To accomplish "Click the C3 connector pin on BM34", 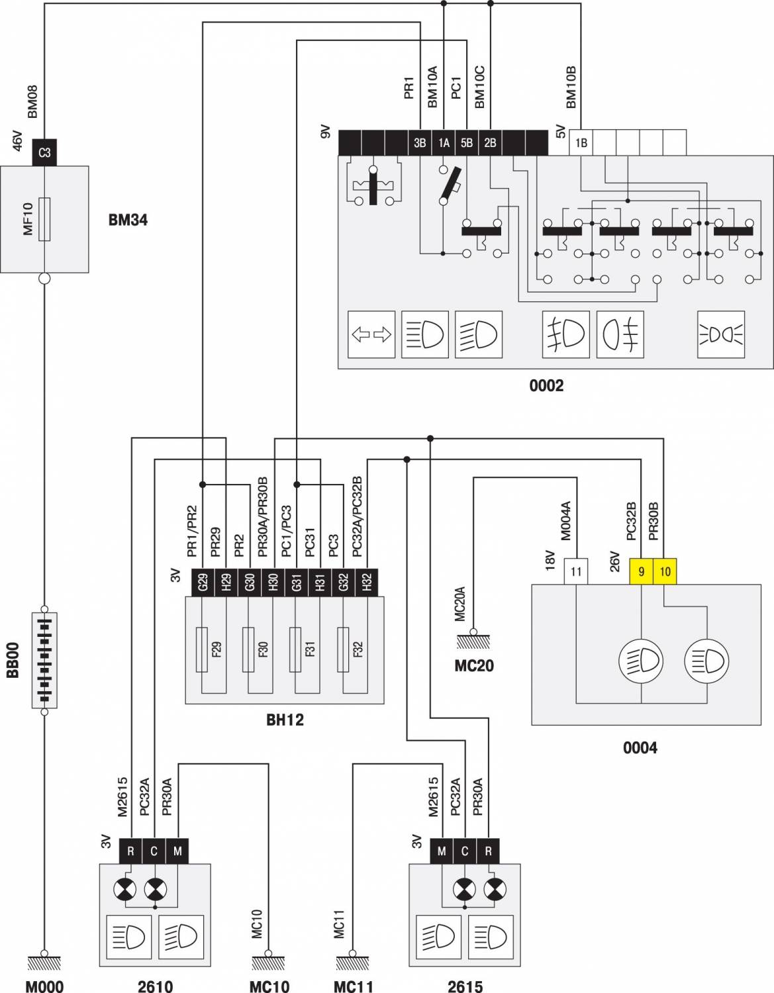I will (x=44, y=153).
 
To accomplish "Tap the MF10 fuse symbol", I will (x=44, y=219).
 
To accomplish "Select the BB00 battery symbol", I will (x=44, y=659).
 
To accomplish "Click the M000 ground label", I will (x=44, y=986).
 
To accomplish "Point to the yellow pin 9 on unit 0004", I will (x=641, y=572).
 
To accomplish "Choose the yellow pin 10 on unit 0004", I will (x=665, y=572).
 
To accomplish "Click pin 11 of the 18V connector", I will (x=576, y=572).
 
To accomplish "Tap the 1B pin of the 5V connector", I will (x=581, y=142).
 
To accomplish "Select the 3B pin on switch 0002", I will (x=420, y=142).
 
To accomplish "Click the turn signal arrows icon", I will (x=371, y=335).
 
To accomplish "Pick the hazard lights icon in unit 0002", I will (x=720, y=335).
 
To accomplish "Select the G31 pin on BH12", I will (x=297, y=582).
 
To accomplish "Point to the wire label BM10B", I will (x=571, y=87).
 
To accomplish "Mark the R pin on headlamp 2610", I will (x=130, y=851).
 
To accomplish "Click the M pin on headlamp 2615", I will (x=441, y=851).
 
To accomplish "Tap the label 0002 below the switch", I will (x=546, y=385).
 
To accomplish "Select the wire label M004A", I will (x=565, y=521).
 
